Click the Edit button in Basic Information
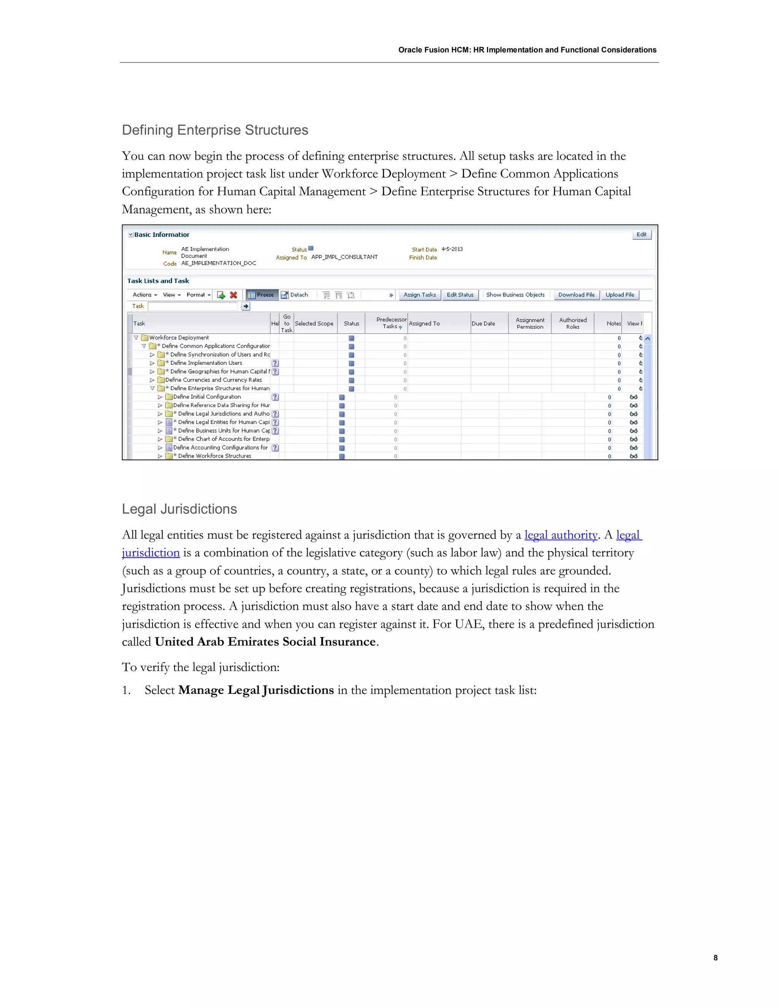tap(641, 234)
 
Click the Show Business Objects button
tap(515, 295)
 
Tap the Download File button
tap(576, 295)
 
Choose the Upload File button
tap(619, 295)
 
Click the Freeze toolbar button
tap(261, 295)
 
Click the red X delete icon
tap(234, 295)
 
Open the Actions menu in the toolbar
tap(145, 295)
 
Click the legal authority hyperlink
tap(561, 535)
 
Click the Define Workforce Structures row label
tap(215, 456)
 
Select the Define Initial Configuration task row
tap(207, 397)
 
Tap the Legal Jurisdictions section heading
tap(180, 509)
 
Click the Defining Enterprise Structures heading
tap(215, 130)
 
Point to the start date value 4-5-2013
tap(452, 249)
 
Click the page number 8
tap(715, 958)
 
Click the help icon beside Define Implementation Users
tap(275, 363)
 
